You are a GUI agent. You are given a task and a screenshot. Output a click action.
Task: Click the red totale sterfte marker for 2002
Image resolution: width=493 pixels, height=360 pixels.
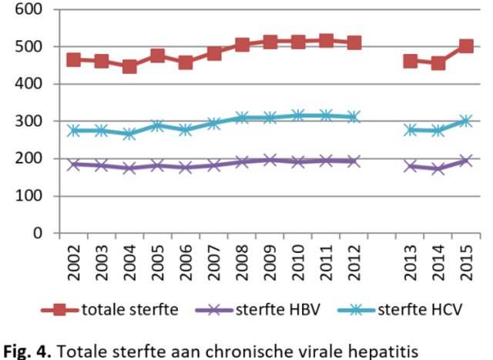tap(73, 59)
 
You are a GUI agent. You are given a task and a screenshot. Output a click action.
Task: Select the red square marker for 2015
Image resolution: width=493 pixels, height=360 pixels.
tap(466, 46)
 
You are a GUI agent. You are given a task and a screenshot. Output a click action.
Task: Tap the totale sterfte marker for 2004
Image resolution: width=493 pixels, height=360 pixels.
tap(129, 66)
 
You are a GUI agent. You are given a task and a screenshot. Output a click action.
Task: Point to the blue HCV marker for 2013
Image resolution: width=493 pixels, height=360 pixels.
tap(410, 130)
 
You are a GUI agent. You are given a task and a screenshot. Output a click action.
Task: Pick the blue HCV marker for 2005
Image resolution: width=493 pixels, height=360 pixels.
tap(157, 125)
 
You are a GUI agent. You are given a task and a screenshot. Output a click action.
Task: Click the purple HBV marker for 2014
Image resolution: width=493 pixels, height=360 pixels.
tap(438, 168)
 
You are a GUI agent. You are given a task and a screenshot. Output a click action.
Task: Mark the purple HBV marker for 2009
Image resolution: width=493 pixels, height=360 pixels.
tap(270, 160)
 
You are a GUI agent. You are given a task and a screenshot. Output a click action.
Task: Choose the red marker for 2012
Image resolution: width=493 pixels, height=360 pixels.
tap(354, 42)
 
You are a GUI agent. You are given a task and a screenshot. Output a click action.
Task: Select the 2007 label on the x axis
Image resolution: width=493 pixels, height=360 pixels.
tap(213, 261)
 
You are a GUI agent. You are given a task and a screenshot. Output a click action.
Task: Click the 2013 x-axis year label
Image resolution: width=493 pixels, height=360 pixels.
tap(410, 261)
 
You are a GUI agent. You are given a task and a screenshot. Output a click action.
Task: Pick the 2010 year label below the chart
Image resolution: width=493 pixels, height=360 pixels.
tap(297, 261)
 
